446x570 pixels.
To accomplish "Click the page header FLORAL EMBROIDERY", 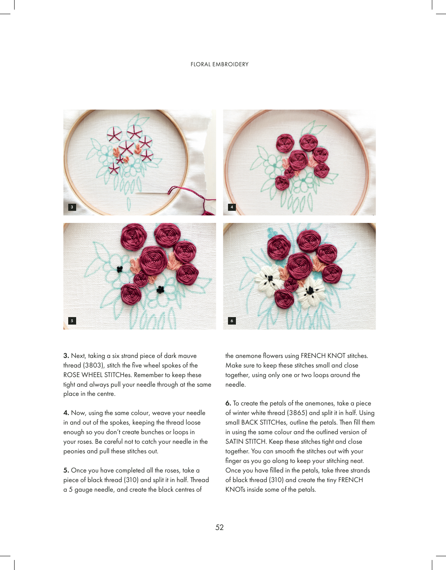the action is tap(220, 64).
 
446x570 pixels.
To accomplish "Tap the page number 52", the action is tap(220, 527).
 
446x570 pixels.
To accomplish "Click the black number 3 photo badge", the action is tap(72, 207).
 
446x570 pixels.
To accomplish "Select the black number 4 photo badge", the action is tap(232, 207).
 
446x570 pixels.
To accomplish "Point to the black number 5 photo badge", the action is tap(72, 320).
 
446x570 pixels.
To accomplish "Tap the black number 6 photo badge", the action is tap(232, 320).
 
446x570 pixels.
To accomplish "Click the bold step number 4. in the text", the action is tap(66, 413).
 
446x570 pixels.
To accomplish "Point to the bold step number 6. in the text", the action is tap(228, 403).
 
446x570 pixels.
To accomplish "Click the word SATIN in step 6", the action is tap(234, 442).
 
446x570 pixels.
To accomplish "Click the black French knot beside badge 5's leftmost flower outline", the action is tap(120, 269).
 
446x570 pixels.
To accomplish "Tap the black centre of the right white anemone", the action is tap(310, 290).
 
